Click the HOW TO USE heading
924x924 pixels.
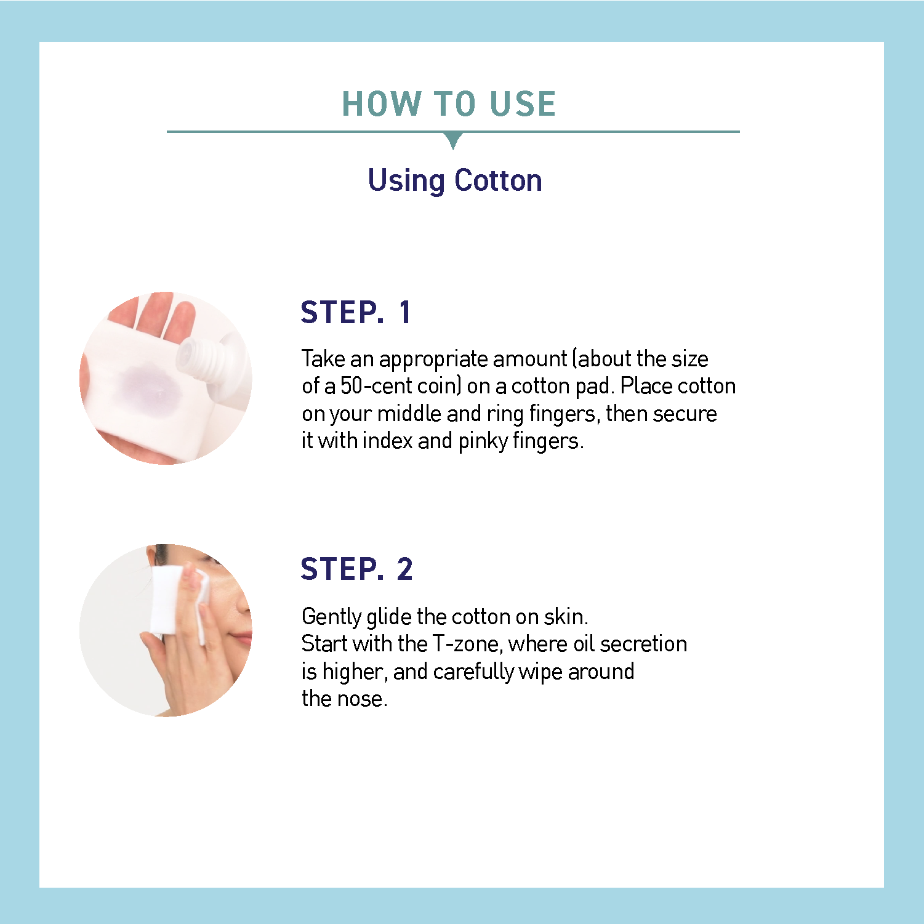tap(449, 103)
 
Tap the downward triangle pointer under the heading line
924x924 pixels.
tap(453, 140)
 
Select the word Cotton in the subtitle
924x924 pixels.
tap(499, 181)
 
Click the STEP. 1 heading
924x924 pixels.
tap(355, 312)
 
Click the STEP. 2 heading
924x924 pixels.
tap(356, 569)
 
